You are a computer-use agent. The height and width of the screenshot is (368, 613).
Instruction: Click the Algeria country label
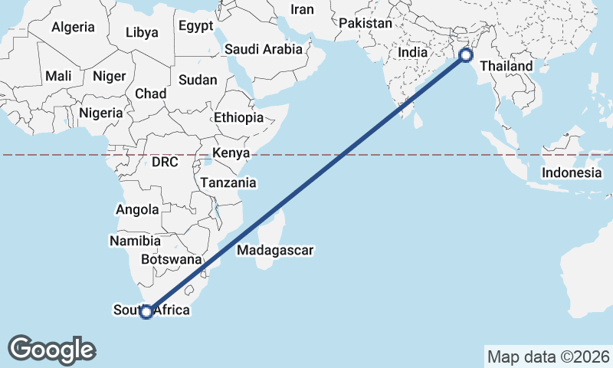[x=74, y=28]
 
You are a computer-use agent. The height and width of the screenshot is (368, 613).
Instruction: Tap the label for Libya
[x=142, y=32]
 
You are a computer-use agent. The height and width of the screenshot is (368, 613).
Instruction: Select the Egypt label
[x=196, y=26]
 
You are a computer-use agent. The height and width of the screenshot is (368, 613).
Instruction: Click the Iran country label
[x=303, y=9]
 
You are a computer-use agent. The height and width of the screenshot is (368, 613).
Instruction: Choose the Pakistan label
[x=366, y=24]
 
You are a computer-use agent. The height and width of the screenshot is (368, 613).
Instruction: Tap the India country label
[x=413, y=53]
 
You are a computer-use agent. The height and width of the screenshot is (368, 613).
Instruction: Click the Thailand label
[x=506, y=67]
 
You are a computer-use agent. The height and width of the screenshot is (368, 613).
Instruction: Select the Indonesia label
[x=572, y=172]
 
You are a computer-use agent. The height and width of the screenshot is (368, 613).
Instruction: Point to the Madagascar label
[x=276, y=250]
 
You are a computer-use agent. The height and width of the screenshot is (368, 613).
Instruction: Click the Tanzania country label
[x=228, y=183]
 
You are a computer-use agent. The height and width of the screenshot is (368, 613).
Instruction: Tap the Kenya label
[x=231, y=153]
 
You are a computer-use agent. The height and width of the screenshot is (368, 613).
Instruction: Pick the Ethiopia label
[x=238, y=118]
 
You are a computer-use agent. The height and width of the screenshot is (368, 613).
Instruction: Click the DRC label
[x=165, y=163]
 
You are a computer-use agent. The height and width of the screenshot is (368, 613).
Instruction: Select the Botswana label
[x=171, y=260]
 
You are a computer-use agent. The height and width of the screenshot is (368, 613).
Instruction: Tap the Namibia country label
[x=134, y=241]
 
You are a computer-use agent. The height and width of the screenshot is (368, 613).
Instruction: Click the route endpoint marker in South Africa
[x=146, y=311]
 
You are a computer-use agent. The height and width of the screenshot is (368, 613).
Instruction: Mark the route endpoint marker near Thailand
[x=465, y=55]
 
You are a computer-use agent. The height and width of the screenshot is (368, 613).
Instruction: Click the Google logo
[x=52, y=350]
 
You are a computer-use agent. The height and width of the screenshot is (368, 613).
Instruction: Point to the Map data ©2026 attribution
[x=549, y=356]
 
